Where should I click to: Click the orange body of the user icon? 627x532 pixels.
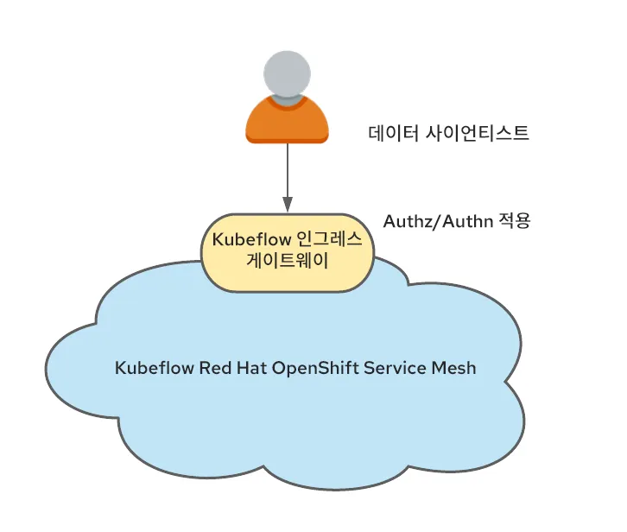tap(287, 125)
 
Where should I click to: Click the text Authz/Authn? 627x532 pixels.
tap(435, 220)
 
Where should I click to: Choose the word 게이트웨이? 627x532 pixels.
tap(288, 262)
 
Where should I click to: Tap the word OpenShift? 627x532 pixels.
tap(313, 368)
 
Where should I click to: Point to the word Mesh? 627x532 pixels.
tap(452, 368)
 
